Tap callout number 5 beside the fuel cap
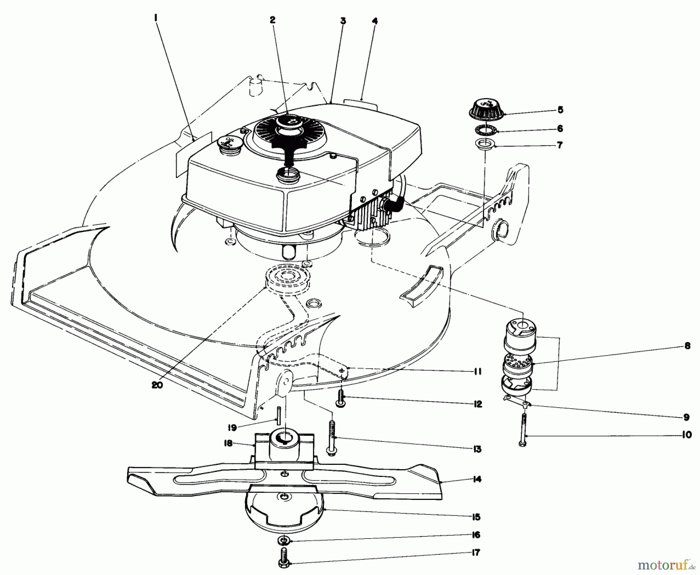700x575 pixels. tap(560, 110)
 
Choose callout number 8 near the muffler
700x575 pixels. tap(687, 345)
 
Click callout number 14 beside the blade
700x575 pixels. tap(478, 479)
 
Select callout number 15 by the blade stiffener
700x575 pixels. tap(477, 517)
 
